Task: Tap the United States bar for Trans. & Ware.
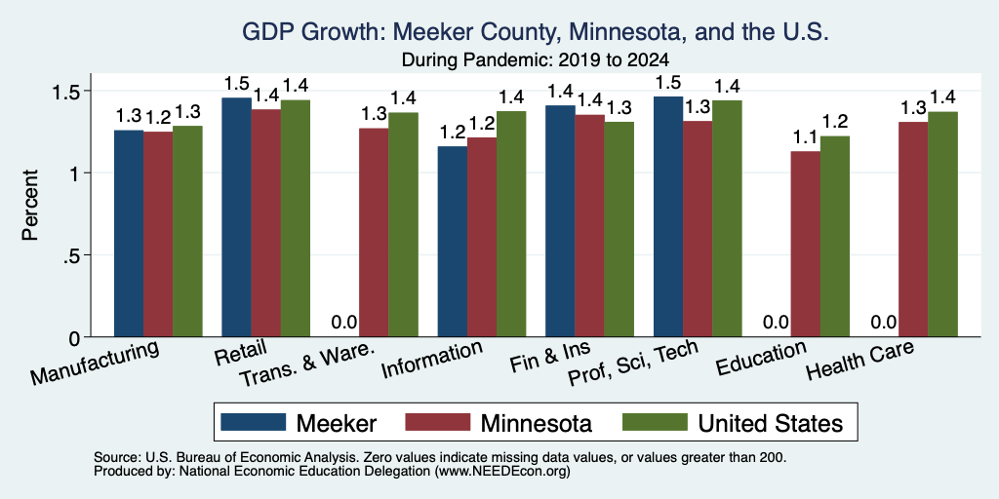coord(403,225)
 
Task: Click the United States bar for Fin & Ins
coord(619,229)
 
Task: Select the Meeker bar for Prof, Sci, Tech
coord(668,217)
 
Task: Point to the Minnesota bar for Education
coord(805,244)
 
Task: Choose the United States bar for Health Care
coord(943,224)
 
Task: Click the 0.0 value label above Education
coord(776,322)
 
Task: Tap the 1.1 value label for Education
coord(805,136)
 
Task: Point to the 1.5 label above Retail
coord(236,84)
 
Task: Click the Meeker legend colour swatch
coord(253,422)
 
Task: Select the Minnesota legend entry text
coord(537,423)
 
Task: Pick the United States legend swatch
coord(655,422)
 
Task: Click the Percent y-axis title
coord(30,205)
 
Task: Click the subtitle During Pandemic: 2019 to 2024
coord(536,60)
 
